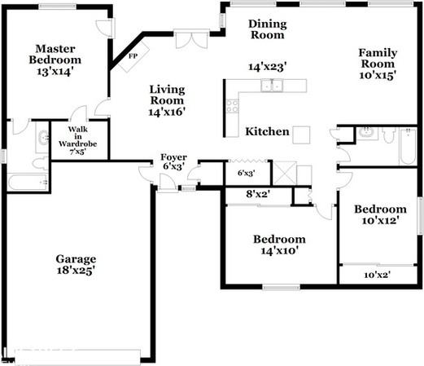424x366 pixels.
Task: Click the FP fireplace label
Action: click(x=133, y=56)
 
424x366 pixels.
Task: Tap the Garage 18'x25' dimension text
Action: click(x=76, y=271)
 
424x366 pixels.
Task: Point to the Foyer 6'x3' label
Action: click(x=174, y=161)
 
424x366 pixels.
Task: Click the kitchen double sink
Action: click(x=272, y=86)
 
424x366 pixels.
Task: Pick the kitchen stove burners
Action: click(x=233, y=106)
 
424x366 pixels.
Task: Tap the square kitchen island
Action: click(x=301, y=134)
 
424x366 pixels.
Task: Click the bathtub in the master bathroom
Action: click(x=28, y=183)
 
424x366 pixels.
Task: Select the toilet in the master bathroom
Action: click(x=41, y=163)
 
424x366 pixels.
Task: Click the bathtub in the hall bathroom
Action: click(x=408, y=147)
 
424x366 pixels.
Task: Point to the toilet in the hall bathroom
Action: click(x=389, y=135)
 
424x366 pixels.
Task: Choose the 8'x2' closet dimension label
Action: click(x=258, y=194)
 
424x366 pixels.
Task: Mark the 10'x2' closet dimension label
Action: click(x=378, y=275)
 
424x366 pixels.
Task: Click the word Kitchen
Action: click(x=267, y=131)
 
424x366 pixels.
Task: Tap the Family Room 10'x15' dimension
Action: click(x=378, y=75)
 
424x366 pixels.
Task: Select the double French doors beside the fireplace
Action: click(x=192, y=39)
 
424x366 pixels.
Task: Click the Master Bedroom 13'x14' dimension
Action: click(x=55, y=72)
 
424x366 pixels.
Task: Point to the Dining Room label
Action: click(x=268, y=29)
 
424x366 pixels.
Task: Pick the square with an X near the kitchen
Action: click(x=285, y=173)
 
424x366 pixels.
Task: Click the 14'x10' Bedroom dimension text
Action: click(x=280, y=250)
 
